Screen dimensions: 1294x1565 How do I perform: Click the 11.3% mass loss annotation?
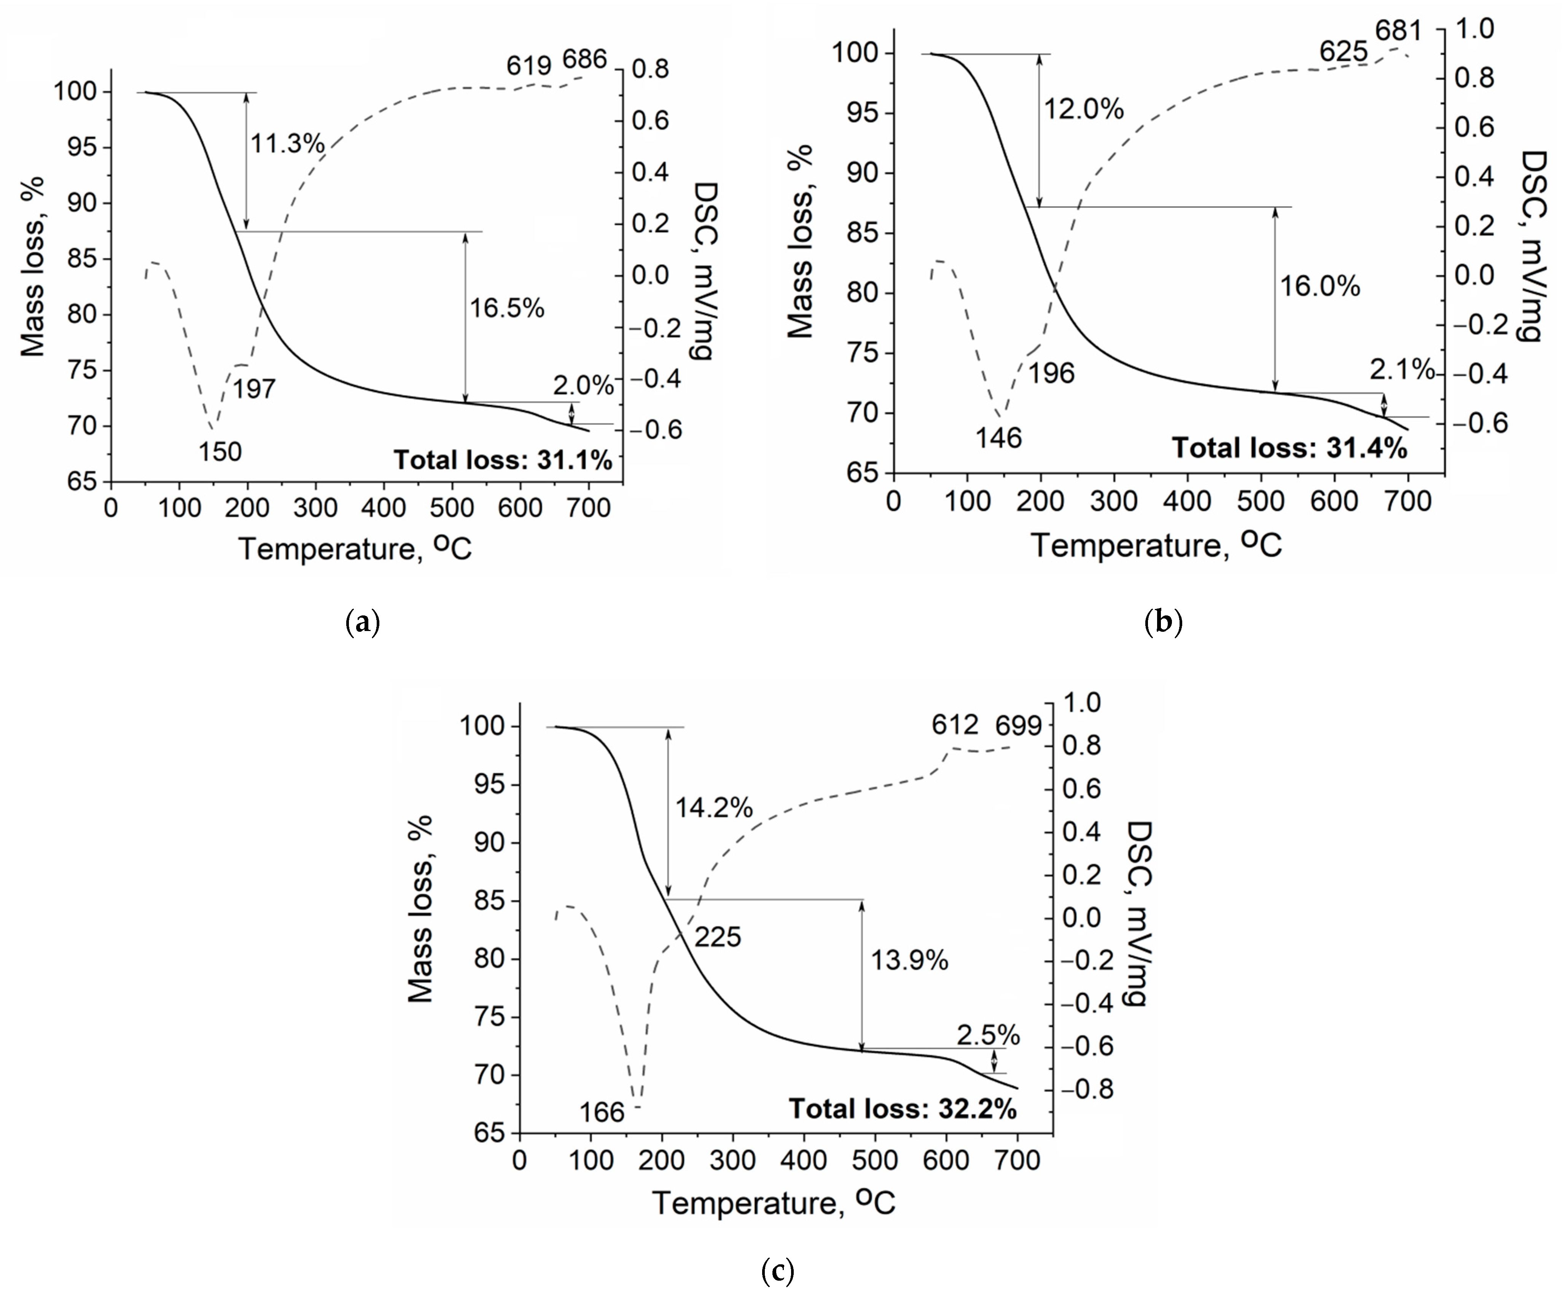coord(287,143)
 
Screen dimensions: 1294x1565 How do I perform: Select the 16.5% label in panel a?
coord(507,308)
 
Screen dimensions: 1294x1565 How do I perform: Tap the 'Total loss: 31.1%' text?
coord(502,460)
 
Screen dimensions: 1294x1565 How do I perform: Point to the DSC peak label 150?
coord(220,452)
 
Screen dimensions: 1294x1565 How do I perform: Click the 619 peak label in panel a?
coord(529,65)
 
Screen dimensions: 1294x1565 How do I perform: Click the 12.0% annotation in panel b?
coord(1083,110)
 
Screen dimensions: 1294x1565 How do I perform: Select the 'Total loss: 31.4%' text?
coord(1289,448)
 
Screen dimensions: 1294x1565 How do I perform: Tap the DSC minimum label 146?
coord(998,438)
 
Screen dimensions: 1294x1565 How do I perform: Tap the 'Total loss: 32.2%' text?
coord(903,1109)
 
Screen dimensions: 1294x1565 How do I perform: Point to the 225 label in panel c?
coord(718,937)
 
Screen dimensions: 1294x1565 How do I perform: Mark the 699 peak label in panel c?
coord(1018,725)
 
